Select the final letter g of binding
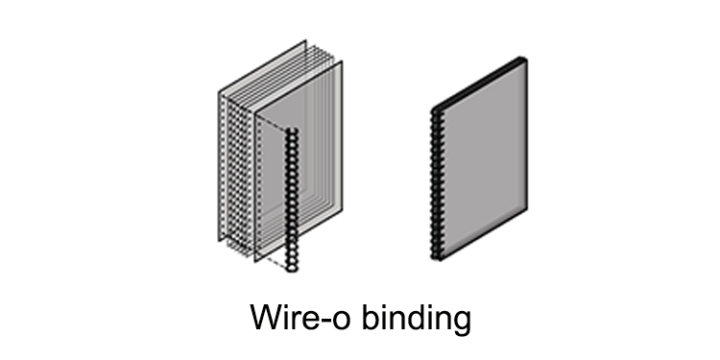pos(462,323)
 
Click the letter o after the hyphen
pos(337,321)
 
